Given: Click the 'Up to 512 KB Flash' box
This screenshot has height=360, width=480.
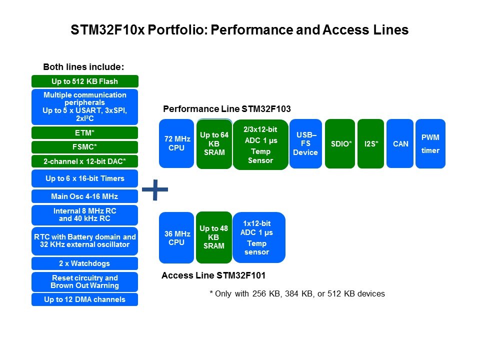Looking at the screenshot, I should (x=84, y=81).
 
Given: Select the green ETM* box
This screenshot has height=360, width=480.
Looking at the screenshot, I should (x=84, y=133).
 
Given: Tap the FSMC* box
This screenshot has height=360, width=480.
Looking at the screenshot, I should (x=84, y=147).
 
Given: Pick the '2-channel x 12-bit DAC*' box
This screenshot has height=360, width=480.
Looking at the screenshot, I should (x=84, y=161).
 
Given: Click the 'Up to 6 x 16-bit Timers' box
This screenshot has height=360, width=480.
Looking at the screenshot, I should (x=84, y=178).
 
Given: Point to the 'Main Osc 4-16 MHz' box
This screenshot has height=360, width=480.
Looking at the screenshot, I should (x=84, y=196).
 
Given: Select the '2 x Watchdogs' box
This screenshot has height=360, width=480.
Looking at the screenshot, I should (x=84, y=263).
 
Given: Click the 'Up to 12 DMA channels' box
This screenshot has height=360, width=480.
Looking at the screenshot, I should (x=84, y=299).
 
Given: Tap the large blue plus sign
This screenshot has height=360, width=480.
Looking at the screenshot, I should (x=155, y=189).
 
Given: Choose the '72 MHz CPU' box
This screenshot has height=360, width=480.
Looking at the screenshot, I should (x=176, y=143).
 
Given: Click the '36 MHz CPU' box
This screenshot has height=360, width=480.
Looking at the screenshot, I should (x=176, y=238).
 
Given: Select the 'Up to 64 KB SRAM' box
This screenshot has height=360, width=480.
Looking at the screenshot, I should (x=214, y=144).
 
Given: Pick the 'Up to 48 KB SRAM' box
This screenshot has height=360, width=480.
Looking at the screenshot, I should (x=213, y=237).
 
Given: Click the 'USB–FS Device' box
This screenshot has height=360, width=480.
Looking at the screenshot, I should (x=305, y=143).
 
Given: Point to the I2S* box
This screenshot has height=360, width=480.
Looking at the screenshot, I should (x=371, y=143).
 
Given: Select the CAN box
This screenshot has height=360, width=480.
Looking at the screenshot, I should (x=400, y=143).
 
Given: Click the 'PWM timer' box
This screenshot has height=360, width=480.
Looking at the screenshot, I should (x=430, y=143).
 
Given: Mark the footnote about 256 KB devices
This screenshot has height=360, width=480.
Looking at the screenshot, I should (x=297, y=294).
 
